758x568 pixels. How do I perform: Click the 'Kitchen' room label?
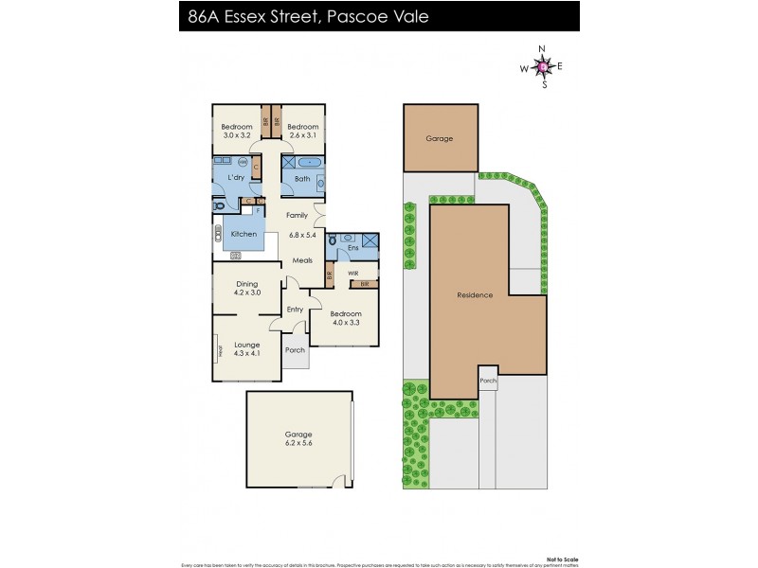(x=244, y=234)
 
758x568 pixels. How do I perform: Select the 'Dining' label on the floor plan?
(x=246, y=283)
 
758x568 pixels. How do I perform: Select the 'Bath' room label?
(x=302, y=179)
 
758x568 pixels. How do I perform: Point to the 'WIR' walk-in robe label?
(x=352, y=272)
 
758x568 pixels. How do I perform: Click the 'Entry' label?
(x=295, y=310)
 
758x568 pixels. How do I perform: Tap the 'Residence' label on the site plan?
(x=475, y=295)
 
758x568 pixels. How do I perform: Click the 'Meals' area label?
(x=302, y=260)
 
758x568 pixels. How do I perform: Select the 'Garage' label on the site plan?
(x=439, y=138)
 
